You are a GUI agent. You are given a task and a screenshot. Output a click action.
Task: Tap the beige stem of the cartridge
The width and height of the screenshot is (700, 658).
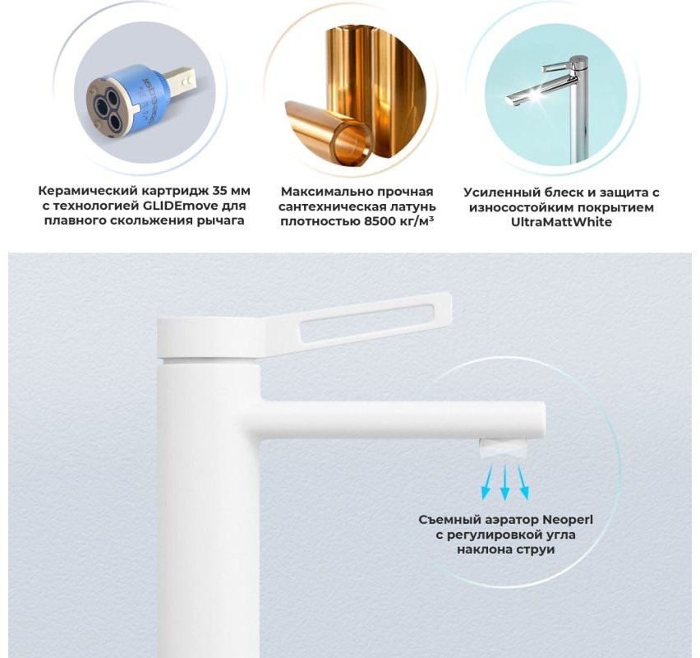point(177,80)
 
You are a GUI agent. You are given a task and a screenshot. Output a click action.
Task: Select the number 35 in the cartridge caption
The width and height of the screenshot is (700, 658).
point(220,191)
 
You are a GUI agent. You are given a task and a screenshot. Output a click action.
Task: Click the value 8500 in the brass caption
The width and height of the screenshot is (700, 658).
point(379,221)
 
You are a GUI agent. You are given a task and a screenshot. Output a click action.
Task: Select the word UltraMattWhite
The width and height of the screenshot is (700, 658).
point(561,222)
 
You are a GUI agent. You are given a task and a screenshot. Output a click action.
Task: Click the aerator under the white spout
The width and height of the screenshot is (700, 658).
point(503,449)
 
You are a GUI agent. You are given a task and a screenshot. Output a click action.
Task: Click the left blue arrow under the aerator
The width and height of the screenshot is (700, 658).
point(487,481)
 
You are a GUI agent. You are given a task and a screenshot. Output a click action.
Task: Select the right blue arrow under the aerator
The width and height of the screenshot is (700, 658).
point(523,481)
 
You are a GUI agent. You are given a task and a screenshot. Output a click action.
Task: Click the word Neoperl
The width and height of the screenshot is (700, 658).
point(568,520)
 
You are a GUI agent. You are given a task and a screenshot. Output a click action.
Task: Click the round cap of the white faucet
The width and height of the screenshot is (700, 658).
point(209,338)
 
